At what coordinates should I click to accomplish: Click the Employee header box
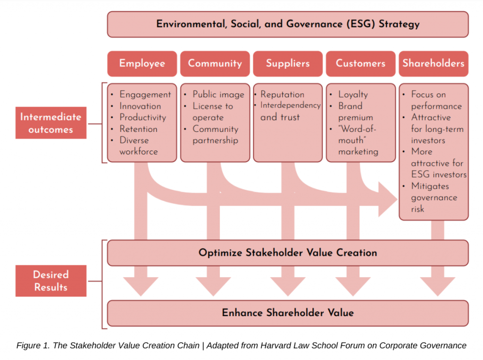142,64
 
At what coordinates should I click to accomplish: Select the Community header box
215,64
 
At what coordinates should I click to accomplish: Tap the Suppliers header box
288,64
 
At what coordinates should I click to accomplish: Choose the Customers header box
361,64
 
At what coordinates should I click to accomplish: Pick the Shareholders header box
433,64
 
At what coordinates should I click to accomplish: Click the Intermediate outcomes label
51,123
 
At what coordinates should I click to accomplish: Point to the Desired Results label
51,281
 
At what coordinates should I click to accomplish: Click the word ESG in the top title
361,24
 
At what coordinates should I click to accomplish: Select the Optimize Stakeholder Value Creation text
288,253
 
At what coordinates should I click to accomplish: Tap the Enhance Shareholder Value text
288,312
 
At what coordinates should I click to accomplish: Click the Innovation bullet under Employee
140,106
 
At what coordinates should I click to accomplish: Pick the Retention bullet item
138,129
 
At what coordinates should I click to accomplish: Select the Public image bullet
218,94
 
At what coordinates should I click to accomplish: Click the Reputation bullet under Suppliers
282,94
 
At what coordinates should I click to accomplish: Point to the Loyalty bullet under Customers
353,94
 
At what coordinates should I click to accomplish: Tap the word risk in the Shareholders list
417,209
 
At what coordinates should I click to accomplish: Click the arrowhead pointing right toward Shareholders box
388,199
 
